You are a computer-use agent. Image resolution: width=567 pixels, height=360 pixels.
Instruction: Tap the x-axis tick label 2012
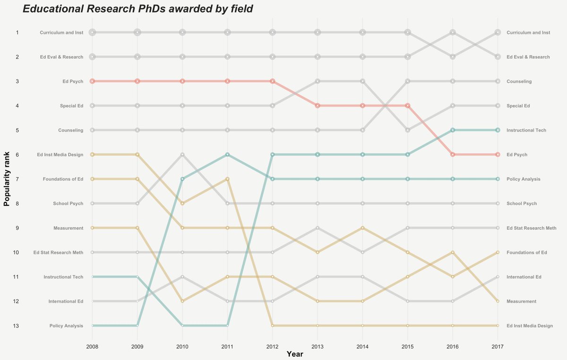(272, 346)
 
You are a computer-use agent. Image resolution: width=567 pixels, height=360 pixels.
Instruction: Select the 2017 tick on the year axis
(498, 346)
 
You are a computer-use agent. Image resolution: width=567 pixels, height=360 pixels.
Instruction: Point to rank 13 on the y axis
(17, 326)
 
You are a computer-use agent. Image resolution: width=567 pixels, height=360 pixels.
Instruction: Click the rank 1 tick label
(17, 33)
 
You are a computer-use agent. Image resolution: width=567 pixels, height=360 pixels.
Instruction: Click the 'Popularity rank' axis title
(7, 180)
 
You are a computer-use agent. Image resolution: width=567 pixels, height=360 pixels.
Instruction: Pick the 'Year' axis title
(295, 354)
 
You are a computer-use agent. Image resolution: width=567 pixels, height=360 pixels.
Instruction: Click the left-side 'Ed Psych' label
(73, 81)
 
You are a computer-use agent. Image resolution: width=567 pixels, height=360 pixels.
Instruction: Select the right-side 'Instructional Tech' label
(526, 130)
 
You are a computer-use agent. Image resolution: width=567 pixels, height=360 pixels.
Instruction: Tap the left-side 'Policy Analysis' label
(66, 326)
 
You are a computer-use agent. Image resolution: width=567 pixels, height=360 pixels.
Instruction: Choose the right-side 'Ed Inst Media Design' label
(529, 326)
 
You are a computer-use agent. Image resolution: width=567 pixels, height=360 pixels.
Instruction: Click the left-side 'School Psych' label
(69, 204)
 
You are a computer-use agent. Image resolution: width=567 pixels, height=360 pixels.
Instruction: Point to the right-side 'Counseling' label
(519, 81)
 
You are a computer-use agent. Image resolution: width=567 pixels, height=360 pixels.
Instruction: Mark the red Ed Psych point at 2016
(453, 154)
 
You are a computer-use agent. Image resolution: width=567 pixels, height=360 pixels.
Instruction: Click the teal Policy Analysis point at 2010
(182, 179)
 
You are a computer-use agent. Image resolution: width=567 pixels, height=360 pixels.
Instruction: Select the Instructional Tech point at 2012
(272, 154)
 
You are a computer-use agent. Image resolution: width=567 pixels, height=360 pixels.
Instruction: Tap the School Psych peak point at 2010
(182, 154)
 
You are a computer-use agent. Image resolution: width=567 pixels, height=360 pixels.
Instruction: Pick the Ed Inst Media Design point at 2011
(227, 179)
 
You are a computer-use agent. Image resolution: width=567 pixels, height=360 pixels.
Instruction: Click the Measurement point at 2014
(362, 301)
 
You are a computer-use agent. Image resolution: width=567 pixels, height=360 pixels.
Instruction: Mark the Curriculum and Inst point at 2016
(453, 32)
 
